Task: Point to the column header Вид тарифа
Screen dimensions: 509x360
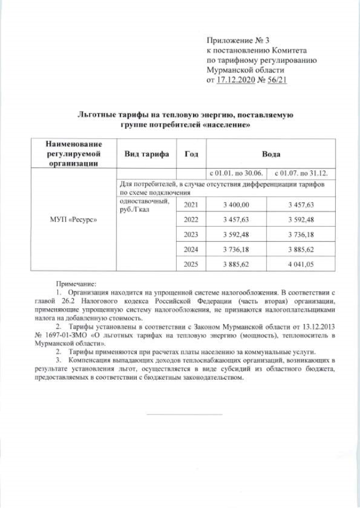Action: tap(145, 154)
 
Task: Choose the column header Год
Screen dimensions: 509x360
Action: tap(190, 154)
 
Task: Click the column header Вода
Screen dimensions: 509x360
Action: tap(271, 154)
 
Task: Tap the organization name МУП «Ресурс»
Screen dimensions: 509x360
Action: tap(72, 219)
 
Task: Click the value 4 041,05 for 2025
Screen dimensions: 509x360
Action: tap(299, 263)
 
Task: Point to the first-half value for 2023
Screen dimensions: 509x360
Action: tap(236, 233)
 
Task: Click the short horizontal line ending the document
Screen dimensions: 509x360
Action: tap(184, 414)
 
